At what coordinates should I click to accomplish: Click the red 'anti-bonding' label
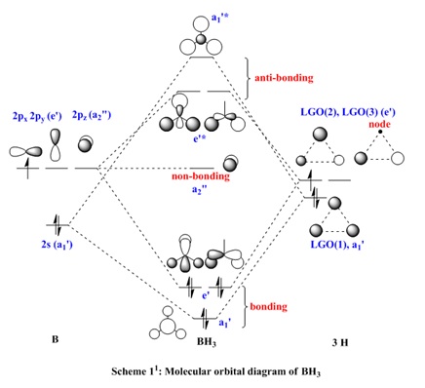pos(284,78)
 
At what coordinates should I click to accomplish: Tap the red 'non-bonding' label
pos(201,176)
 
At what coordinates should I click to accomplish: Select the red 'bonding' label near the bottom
pos(268,307)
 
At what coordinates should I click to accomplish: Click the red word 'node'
pos(379,125)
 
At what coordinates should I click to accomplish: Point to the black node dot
pos(379,132)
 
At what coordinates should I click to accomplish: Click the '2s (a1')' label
pos(57,244)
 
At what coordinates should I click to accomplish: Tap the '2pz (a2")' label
pos(92,116)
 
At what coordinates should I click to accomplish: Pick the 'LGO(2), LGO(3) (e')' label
pos(348,113)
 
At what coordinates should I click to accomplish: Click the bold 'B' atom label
pos(56,339)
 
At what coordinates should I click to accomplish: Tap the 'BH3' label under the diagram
pos(207,342)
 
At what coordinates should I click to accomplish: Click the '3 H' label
pos(340,343)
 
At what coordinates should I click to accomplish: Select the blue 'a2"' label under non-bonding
pos(198,189)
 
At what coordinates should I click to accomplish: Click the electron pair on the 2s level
pos(58,225)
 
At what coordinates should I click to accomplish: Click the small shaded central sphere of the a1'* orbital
pos(201,39)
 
